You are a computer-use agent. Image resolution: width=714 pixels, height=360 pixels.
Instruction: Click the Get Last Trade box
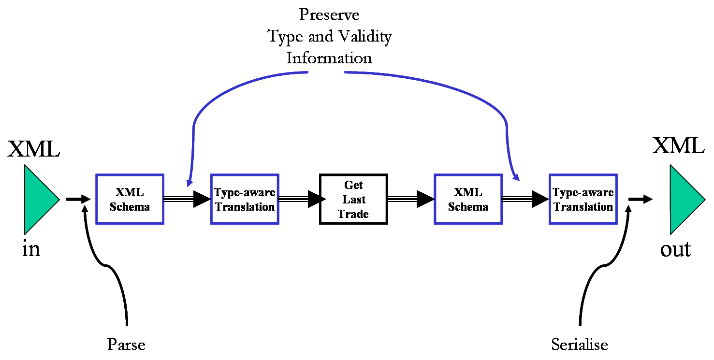click(353, 199)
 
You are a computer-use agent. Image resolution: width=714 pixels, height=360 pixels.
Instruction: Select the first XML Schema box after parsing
click(130, 199)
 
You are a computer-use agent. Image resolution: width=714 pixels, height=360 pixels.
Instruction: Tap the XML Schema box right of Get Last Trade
click(468, 199)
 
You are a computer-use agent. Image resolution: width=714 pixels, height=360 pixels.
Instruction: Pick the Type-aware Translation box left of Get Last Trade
click(245, 199)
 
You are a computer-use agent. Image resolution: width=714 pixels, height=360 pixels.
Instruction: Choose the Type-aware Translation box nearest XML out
click(583, 199)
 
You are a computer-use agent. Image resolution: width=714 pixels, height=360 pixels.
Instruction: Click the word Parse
click(126, 345)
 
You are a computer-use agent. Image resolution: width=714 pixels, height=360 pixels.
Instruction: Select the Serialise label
click(580, 345)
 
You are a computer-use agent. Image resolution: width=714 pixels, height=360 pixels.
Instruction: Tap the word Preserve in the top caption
click(329, 14)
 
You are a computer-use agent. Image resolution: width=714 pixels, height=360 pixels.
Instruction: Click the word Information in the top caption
click(329, 58)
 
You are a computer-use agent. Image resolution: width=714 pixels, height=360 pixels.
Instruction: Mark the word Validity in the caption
click(362, 36)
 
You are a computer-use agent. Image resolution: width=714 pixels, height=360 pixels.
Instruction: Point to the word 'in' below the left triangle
click(31, 249)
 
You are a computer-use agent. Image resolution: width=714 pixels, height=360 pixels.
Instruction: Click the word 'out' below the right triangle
click(676, 249)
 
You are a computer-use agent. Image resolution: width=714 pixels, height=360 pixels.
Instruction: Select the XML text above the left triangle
click(33, 149)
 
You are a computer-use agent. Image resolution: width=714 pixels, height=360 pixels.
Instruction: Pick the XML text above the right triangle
click(678, 145)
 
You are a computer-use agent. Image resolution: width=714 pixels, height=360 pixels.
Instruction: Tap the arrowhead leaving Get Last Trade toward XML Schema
click(425, 199)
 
